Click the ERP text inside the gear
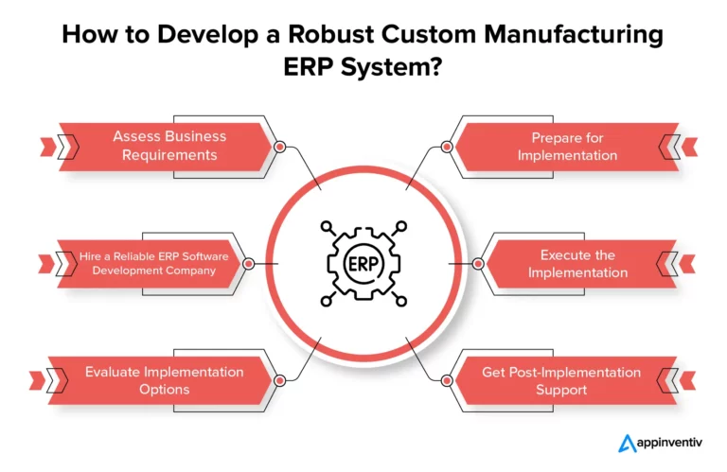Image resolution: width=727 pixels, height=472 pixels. pyautogui.click(x=363, y=263)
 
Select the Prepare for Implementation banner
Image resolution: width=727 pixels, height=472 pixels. pyautogui.click(x=567, y=146)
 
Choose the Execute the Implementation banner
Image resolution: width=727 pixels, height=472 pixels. pyautogui.click(x=577, y=264)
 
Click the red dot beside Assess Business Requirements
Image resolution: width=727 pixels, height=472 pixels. pyautogui.click(x=279, y=147)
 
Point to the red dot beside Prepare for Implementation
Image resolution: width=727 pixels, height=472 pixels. pyautogui.click(x=447, y=147)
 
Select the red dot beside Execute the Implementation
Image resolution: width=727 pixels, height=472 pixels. pyautogui.click(x=479, y=264)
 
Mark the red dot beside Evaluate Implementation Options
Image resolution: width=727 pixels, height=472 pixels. pyautogui.click(x=279, y=381)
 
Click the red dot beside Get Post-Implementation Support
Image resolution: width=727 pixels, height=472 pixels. pyautogui.click(x=447, y=381)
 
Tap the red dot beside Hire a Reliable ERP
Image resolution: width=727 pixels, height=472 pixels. pyautogui.click(x=248, y=264)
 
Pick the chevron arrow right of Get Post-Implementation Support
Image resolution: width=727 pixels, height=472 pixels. pyautogui.click(x=680, y=381)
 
